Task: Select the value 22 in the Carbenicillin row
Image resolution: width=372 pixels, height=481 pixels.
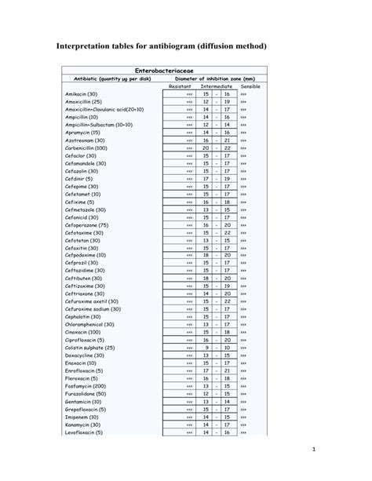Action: pyautogui.click(x=227, y=148)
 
